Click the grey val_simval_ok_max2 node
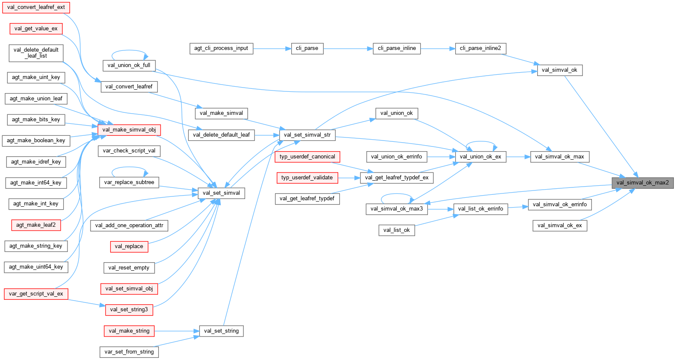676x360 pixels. pos(642,183)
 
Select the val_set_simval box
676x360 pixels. pos(221,193)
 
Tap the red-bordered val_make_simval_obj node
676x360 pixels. pos(129,130)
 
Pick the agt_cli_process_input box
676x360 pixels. pos(221,48)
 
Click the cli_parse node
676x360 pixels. pos(307,48)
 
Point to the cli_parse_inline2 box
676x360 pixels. pos(480,48)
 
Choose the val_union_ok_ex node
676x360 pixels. pos(480,157)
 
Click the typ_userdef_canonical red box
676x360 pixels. pos(307,157)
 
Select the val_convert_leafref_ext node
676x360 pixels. pos(36,7)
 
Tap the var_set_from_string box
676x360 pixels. pos(129,352)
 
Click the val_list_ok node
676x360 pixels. pos(396,230)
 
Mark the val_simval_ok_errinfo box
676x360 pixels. pos(560,205)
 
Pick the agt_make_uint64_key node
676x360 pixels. pos(36,267)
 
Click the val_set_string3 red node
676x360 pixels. pos(129,310)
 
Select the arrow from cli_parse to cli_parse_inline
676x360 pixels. pos(348,49)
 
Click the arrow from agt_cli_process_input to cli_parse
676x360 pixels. pos(272,49)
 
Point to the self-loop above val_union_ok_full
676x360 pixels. pos(129,52)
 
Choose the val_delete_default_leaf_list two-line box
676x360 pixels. pos(36,53)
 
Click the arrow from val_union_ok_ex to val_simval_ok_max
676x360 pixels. pos(518,157)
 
